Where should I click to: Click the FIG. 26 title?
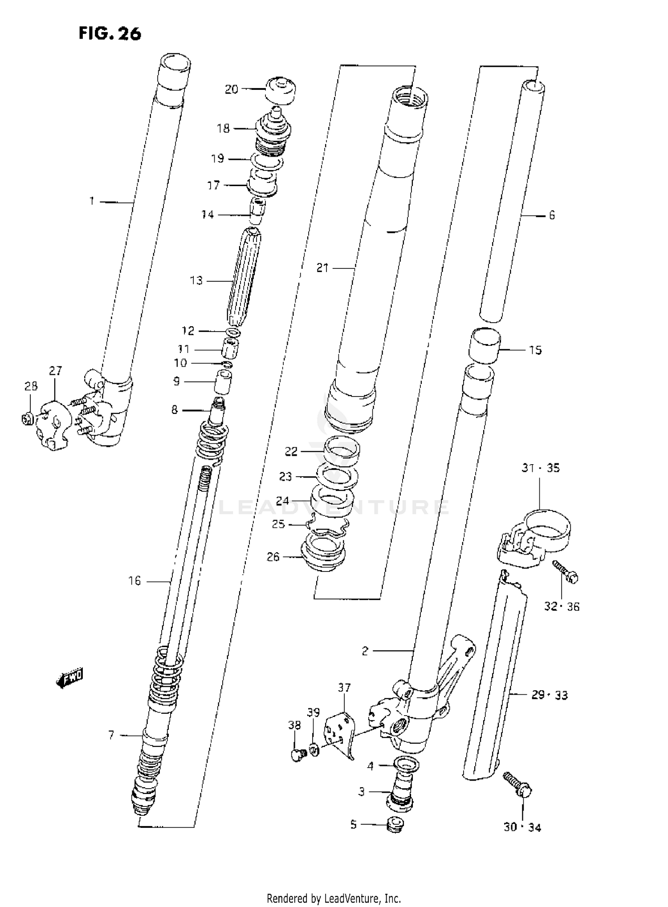tap(110, 33)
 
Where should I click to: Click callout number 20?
tap(232, 89)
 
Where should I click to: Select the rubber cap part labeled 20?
tap(281, 90)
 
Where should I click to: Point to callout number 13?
tap(196, 280)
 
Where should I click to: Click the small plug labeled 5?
tap(395, 825)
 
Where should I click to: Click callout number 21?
tap(322, 268)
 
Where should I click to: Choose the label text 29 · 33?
tap(550, 695)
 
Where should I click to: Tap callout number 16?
tap(134, 581)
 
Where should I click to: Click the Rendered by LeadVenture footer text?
tap(334, 898)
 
